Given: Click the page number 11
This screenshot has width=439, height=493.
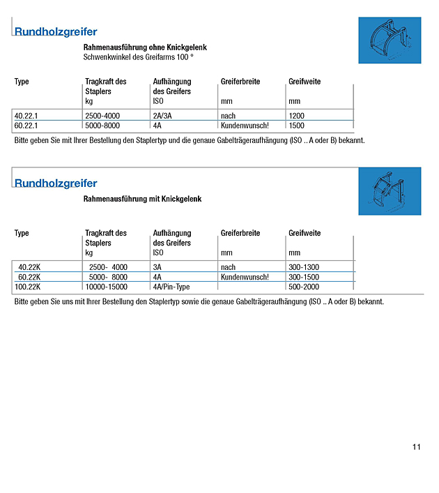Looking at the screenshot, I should tap(416, 448).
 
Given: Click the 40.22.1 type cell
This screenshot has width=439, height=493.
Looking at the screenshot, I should tap(26, 116).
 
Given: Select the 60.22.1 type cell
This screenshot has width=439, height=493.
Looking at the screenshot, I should tap(26, 126).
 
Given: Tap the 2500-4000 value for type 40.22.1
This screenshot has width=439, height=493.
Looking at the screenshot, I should tap(102, 116).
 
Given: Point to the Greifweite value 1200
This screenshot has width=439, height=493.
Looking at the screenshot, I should tap(296, 116).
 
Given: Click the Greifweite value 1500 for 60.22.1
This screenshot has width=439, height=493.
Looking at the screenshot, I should tap(296, 126).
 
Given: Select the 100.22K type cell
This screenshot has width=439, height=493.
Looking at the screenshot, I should tap(28, 287).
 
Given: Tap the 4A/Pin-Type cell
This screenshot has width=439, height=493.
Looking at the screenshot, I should tap(171, 287).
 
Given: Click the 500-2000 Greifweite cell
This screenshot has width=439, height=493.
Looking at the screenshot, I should tap(305, 287).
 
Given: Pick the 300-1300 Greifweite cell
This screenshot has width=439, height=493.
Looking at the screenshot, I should tap(305, 267).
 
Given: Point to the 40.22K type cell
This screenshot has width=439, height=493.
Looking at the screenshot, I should tap(30, 267).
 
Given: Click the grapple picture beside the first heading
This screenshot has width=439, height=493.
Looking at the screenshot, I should tap(390, 40).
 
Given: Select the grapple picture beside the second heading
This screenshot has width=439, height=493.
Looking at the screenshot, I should tap(390, 191).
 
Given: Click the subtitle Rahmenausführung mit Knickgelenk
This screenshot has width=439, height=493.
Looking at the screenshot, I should tap(142, 199).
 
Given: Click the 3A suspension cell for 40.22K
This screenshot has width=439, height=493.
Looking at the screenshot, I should tap(157, 267).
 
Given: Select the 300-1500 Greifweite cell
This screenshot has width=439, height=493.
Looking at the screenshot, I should tap(305, 277).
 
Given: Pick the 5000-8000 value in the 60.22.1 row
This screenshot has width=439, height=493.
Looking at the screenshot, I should tap(102, 126).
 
